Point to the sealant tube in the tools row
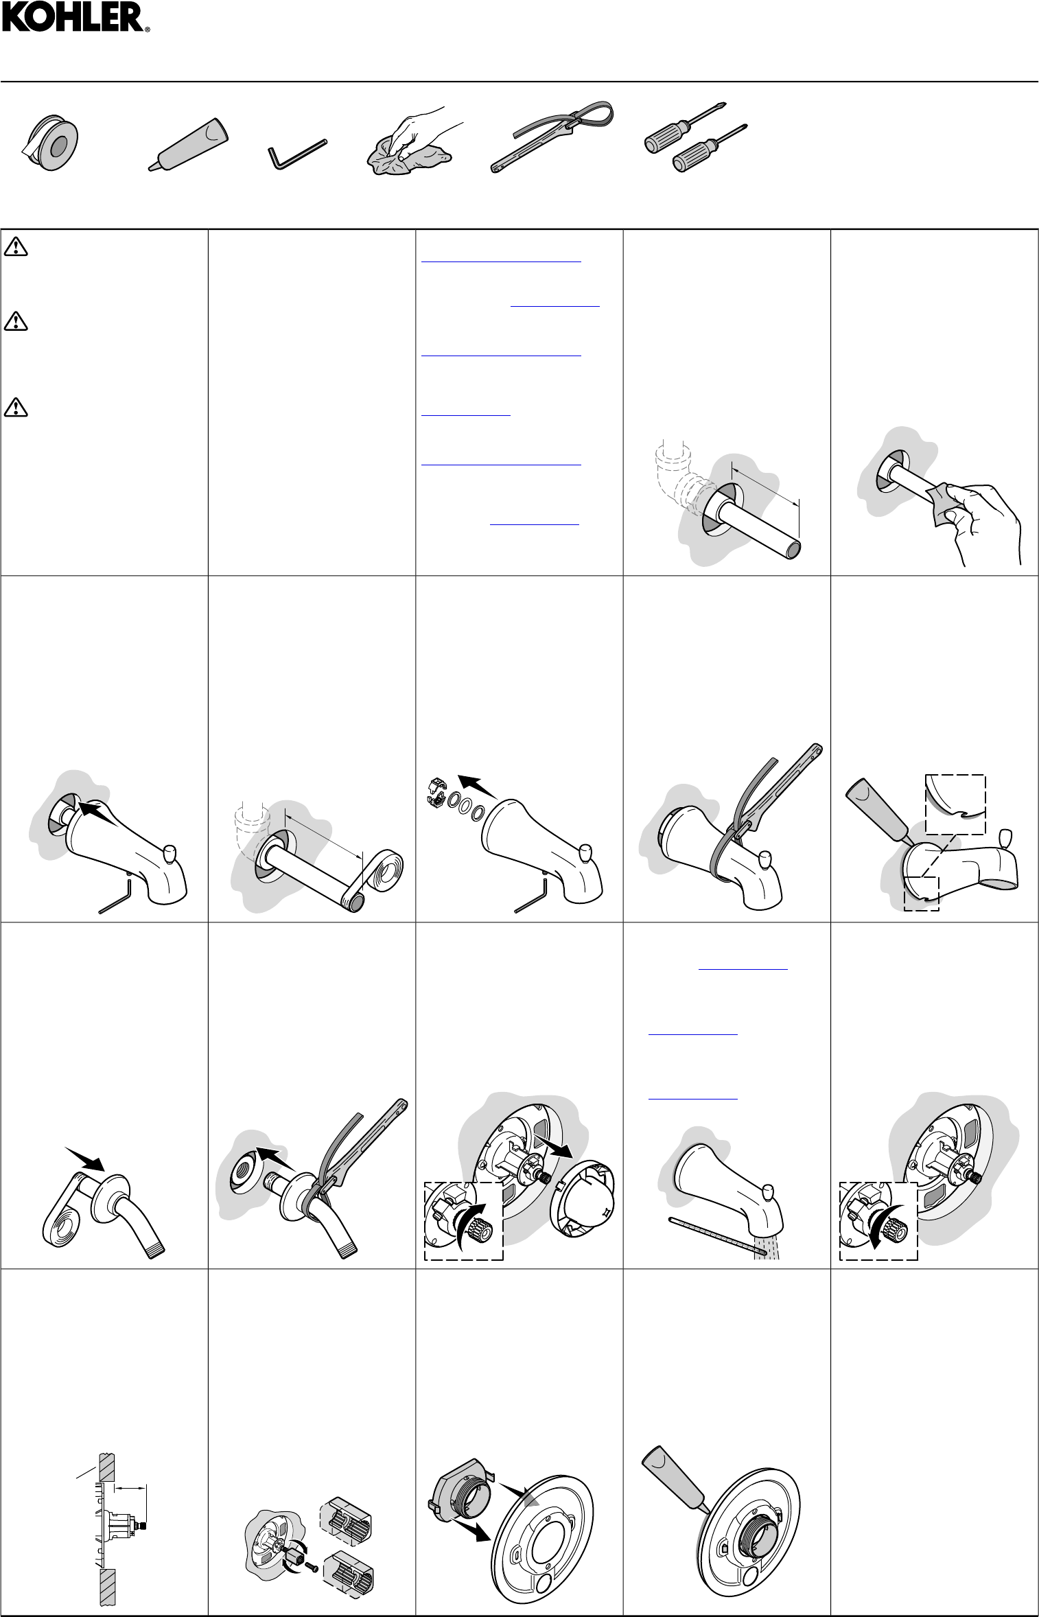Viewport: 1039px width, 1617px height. (188, 143)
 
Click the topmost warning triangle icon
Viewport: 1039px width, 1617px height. (16, 246)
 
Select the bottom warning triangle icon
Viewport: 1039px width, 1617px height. (16, 407)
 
